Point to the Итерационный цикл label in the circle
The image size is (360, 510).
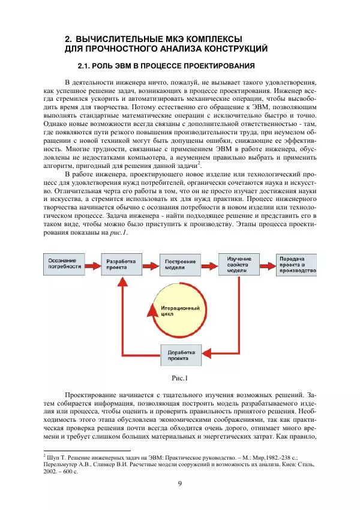[180, 310]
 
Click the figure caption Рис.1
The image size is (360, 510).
[180, 378]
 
